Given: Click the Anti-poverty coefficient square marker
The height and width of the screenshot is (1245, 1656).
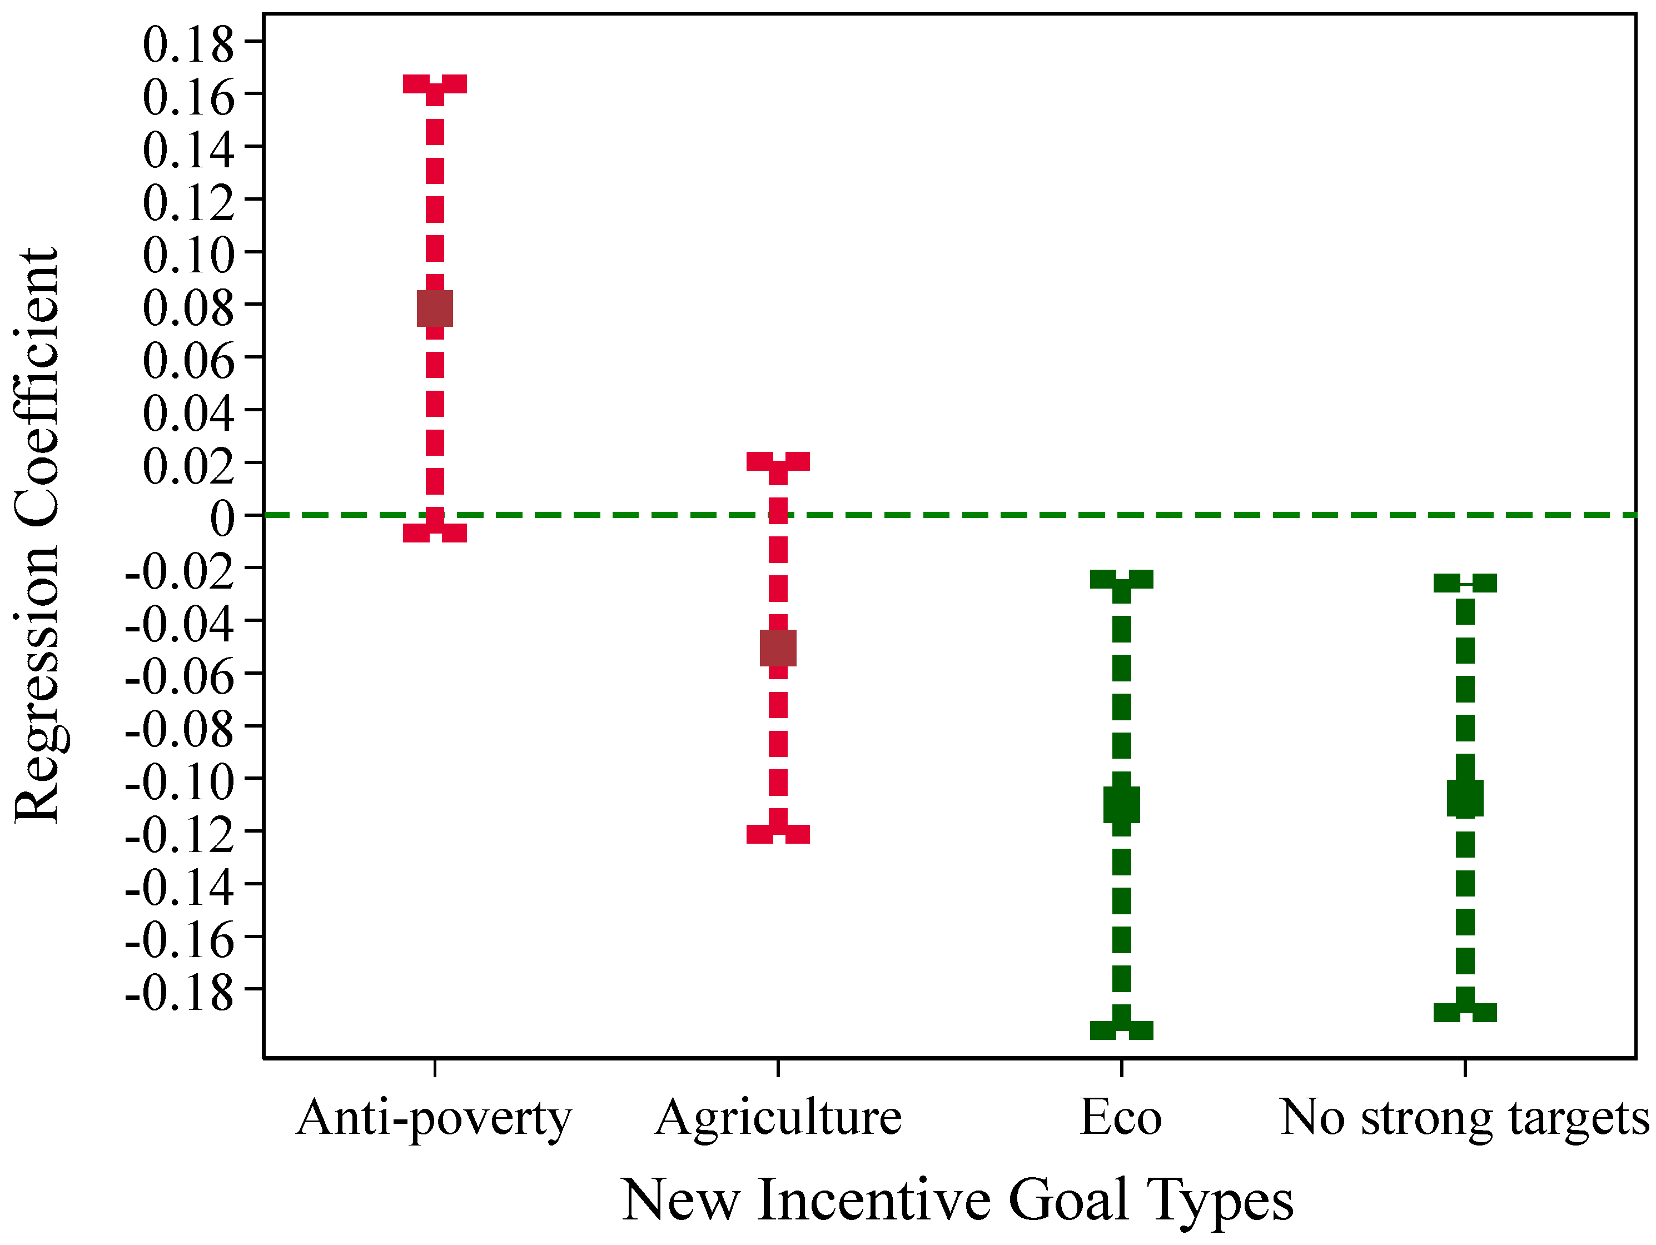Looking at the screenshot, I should [434, 308].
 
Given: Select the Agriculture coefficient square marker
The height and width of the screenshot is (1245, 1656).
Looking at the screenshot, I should [778, 648].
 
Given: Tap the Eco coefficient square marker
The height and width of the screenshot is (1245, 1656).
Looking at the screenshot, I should [1121, 805].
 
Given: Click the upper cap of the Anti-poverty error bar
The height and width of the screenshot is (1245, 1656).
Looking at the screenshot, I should [434, 84].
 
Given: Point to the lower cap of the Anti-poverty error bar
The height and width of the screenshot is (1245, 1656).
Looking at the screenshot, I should [434, 532].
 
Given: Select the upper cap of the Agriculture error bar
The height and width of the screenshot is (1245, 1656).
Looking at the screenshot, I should [778, 461].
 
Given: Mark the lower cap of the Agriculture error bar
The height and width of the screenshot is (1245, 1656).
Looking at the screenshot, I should [778, 834].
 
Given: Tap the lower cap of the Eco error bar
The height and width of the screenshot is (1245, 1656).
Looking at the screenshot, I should [1121, 1030].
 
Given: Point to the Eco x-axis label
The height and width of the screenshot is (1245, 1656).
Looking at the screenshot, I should [1121, 1118].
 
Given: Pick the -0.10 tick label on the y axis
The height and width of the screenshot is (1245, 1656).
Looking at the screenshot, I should [180, 783].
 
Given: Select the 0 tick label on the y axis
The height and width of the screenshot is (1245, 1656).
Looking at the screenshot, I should [222, 518].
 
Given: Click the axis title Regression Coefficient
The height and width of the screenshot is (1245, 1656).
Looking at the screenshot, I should [37, 535].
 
